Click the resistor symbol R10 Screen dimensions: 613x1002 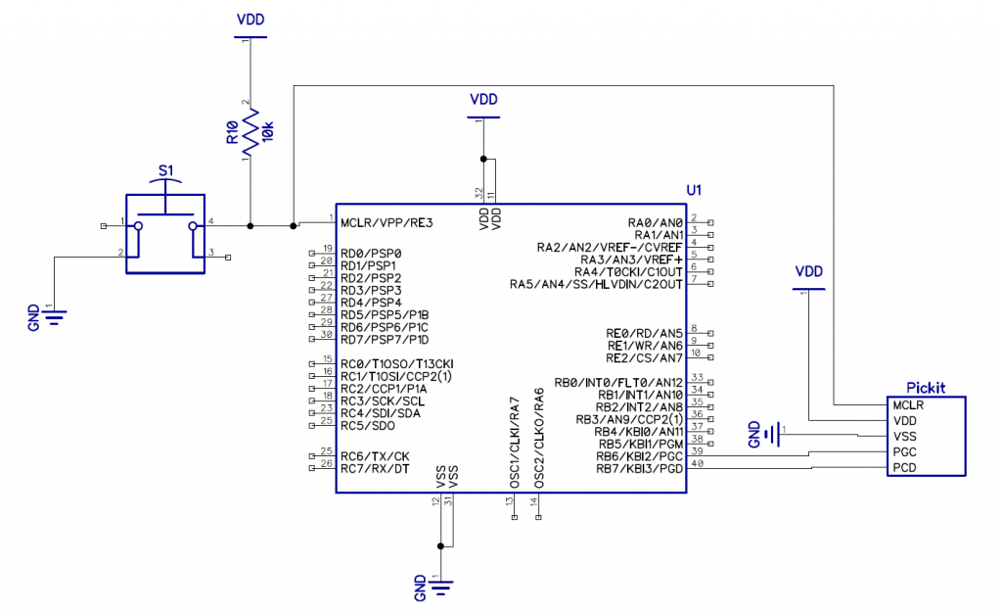pyautogui.click(x=250, y=132)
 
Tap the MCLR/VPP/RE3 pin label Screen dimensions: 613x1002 pyautogui.click(x=387, y=222)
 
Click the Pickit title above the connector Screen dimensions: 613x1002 pyautogui.click(x=926, y=387)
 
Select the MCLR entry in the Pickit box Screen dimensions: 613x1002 pyautogui.click(x=908, y=404)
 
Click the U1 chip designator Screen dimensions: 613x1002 pyautogui.click(x=694, y=189)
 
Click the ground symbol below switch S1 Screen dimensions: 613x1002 pyautogui.click(x=55, y=315)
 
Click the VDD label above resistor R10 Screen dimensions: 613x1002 pyautogui.click(x=250, y=20)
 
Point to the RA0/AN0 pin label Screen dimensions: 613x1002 pyautogui.click(x=656, y=222)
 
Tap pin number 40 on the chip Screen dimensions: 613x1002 pyautogui.click(x=697, y=464)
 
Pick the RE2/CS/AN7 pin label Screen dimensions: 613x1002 pyautogui.click(x=645, y=357)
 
